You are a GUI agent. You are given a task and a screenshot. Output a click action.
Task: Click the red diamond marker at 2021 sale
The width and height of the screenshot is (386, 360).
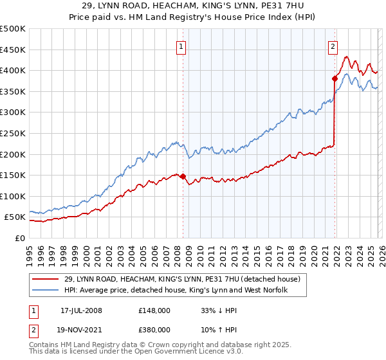335,79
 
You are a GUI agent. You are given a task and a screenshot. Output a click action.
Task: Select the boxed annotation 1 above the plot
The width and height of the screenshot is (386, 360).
181,46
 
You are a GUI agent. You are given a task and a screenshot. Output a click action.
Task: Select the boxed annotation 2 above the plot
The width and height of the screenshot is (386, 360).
333,46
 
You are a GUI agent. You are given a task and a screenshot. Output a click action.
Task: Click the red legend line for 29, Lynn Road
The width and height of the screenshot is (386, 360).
46,280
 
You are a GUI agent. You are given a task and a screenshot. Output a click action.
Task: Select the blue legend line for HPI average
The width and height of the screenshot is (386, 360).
46,291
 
